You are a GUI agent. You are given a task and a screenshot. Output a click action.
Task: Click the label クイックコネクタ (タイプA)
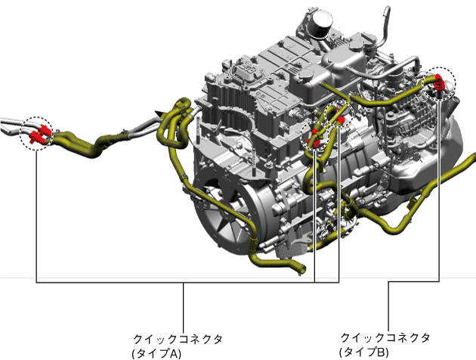point(178,346)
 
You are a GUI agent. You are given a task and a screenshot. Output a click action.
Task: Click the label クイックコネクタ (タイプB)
point(385,345)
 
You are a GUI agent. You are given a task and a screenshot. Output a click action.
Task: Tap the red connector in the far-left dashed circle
point(39,134)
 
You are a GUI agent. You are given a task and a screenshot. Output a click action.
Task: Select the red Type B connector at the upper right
point(439,82)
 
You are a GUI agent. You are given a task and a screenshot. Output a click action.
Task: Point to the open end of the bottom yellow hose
point(301,269)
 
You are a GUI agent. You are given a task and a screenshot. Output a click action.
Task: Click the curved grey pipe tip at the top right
point(386,9)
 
